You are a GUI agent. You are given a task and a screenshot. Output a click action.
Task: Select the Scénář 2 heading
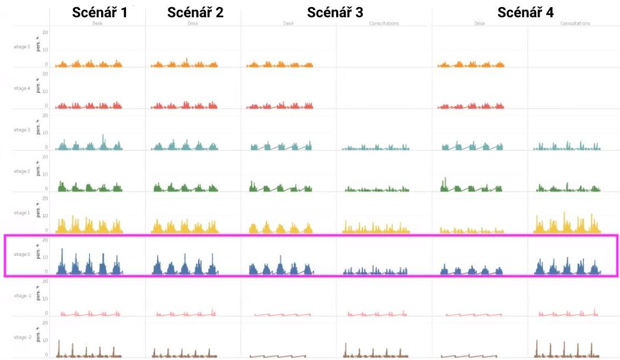(195, 12)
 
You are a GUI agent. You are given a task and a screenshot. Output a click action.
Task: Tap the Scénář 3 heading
(335, 12)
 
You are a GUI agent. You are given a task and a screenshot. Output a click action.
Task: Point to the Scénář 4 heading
(525, 12)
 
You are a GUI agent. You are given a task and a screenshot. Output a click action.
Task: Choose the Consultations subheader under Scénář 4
(575, 24)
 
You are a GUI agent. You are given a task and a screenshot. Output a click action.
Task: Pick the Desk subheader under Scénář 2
(193, 24)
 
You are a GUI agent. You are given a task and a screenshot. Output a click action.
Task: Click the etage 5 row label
(21, 46)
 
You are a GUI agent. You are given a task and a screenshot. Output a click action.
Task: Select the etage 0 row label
(21, 255)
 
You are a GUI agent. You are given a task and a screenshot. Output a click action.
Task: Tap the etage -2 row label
(21, 337)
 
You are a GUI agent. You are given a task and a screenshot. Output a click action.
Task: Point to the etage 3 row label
(21, 130)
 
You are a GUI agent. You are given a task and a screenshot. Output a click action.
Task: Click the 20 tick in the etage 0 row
(45, 240)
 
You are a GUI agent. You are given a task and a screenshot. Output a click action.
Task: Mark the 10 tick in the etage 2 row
(45, 174)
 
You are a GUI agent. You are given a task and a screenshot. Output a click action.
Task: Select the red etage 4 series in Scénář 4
(470, 106)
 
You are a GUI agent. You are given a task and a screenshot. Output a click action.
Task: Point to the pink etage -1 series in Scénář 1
(89, 314)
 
